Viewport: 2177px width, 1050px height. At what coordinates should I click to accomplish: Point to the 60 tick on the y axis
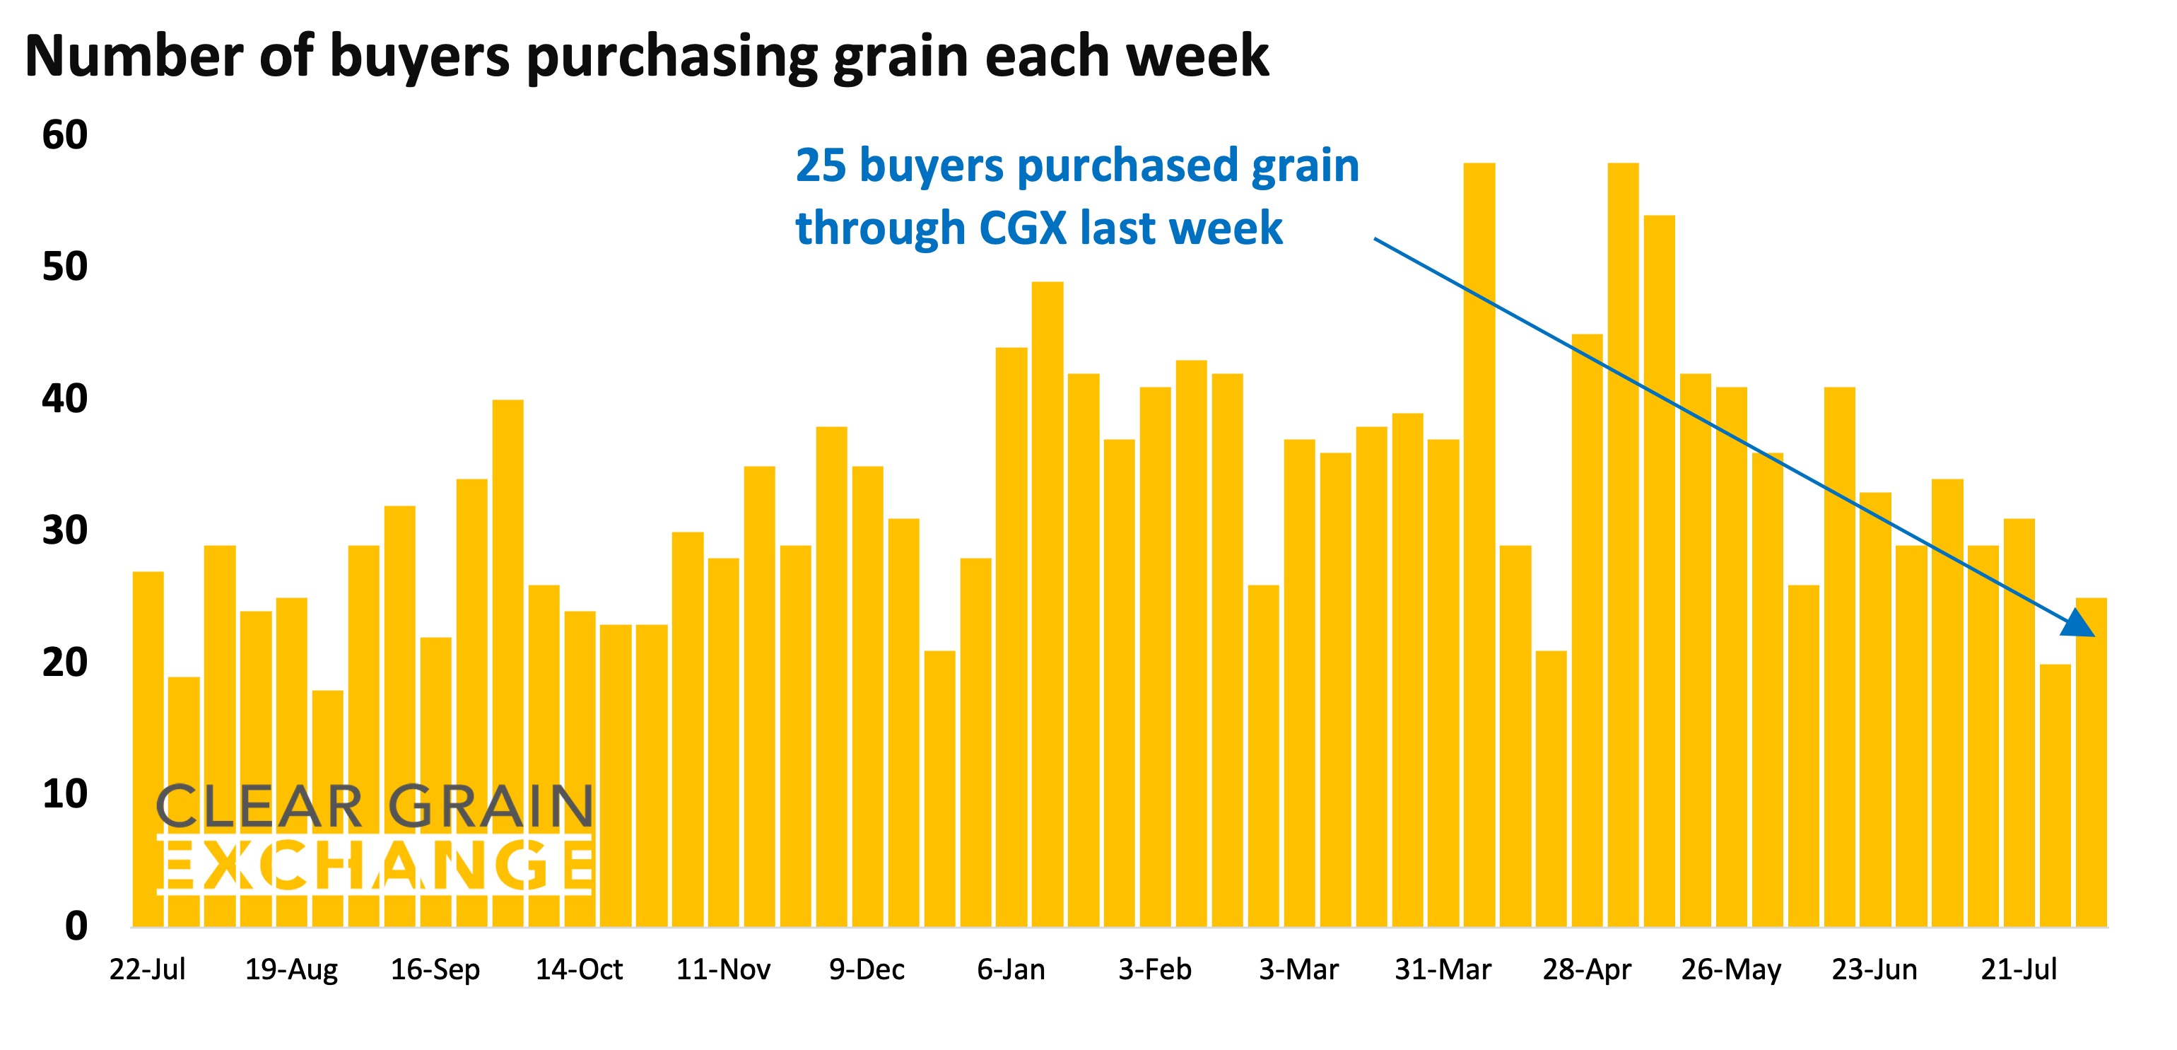65,135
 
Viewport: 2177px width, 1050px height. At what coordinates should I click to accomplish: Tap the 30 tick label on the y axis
65,531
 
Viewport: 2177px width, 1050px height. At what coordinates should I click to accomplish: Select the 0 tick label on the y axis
76,926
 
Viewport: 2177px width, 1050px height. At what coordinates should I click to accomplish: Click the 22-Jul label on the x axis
147,969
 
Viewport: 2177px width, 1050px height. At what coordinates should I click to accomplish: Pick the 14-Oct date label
579,969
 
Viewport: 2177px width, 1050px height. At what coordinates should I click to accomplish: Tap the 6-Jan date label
1011,969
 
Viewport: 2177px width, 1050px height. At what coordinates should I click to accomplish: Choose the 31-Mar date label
1443,969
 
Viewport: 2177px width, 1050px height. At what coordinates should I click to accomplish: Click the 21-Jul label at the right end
2018,969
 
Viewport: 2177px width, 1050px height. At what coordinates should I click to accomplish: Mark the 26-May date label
1731,969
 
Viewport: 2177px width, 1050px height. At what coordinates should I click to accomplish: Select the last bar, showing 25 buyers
2091,761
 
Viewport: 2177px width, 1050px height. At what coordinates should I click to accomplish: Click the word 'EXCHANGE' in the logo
375,865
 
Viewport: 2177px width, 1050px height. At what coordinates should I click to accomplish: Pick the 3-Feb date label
1154,969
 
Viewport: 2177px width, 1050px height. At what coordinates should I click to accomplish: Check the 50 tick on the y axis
65,267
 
